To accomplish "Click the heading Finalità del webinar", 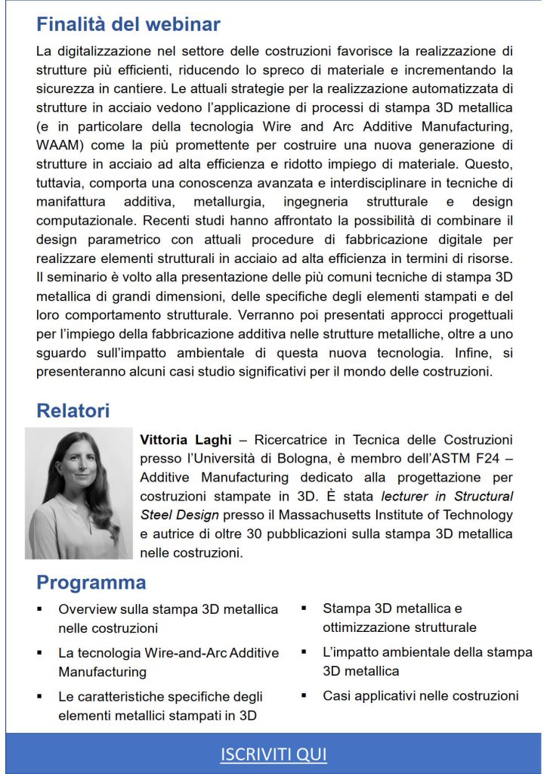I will (128, 24).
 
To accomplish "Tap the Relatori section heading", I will (73, 410).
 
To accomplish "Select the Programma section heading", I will (91, 583).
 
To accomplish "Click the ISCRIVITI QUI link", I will (273, 754).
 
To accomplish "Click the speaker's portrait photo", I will (78, 494).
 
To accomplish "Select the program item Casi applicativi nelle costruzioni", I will (420, 695).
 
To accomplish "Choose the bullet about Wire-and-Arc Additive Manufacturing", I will (168, 661).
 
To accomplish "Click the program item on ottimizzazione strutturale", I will (399, 618).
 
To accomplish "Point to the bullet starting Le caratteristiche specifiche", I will (160, 705).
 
